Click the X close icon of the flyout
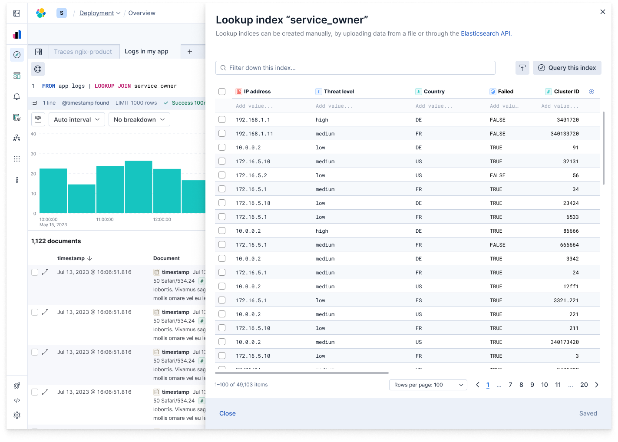(602, 12)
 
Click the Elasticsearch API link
(486, 33)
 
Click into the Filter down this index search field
(355, 68)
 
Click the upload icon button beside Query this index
(522, 68)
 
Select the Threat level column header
(339, 92)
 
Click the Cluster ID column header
(566, 92)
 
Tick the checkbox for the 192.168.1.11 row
(222, 133)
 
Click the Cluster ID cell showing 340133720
(564, 134)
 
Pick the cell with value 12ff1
(571, 287)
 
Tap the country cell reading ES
(419, 300)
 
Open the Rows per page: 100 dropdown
(428, 385)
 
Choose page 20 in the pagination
(584, 385)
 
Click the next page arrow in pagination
(597, 385)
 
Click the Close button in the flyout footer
(227, 413)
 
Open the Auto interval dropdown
(76, 119)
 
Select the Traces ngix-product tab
(83, 52)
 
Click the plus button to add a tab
(190, 52)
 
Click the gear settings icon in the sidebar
(17, 415)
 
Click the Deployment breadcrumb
(96, 13)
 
